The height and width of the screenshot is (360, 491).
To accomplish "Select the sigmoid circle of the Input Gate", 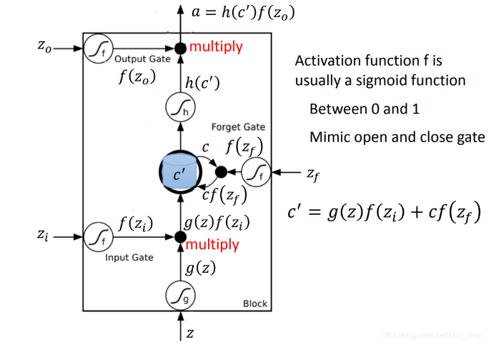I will pyautogui.click(x=95, y=235).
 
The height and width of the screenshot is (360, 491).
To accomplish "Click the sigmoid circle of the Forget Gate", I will pyautogui.click(x=255, y=171).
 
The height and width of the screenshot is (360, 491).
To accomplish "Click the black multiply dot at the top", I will pyautogui.click(x=180, y=48).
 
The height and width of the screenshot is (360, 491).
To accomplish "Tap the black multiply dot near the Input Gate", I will pyautogui.click(x=179, y=236).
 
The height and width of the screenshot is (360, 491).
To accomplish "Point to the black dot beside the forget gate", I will pyautogui.click(x=221, y=171).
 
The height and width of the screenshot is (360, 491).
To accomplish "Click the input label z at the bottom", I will pyautogui.click(x=190, y=332).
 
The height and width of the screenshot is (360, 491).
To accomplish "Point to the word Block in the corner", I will pyautogui.click(x=254, y=304).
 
